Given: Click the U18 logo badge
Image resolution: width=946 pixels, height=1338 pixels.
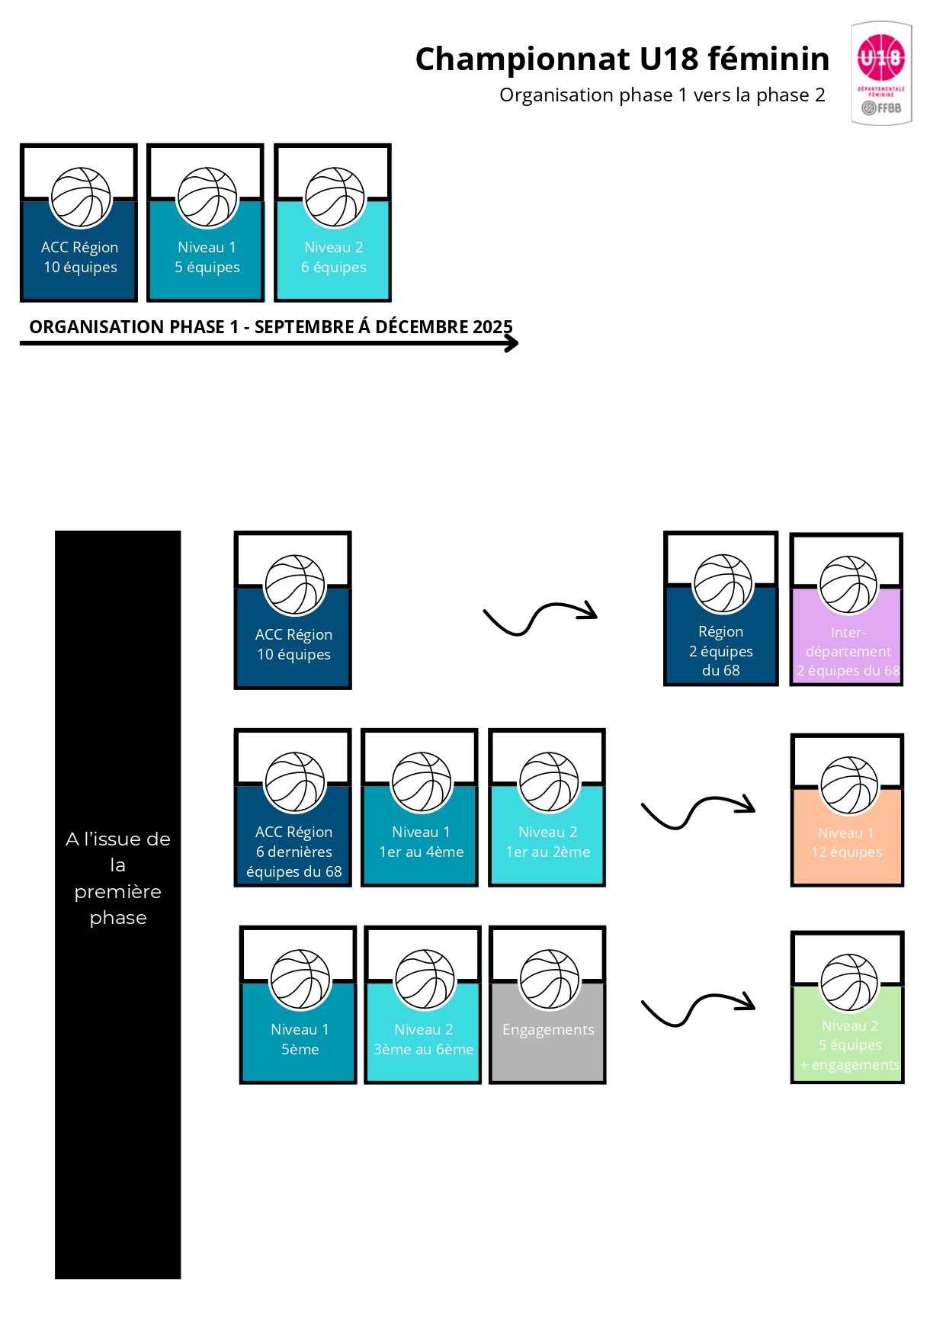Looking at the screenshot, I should [x=881, y=72].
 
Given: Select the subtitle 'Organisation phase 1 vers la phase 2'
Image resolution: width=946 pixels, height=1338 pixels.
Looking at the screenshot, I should [x=662, y=95].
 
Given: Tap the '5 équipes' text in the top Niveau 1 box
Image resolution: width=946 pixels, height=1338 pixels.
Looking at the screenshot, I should [x=207, y=268].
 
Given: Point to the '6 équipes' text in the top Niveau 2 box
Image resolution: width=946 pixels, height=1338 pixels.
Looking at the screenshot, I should [x=334, y=268].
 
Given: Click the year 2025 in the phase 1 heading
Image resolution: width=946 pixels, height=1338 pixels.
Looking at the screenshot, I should [x=492, y=327].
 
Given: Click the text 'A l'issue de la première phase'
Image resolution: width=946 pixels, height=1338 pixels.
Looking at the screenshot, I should [x=118, y=878].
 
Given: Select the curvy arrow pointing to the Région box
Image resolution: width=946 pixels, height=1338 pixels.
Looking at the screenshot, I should [x=540, y=617].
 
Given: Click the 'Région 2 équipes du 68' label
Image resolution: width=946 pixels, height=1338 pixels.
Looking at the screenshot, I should [x=721, y=651].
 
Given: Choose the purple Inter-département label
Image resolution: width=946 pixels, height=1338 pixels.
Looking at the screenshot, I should [x=848, y=652].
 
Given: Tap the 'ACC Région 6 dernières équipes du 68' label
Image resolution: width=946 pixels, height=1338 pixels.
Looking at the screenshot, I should [x=293, y=852].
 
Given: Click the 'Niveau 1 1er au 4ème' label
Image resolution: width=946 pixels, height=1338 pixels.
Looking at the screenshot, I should [x=421, y=842].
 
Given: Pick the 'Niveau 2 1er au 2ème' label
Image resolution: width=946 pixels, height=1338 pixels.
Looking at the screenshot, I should [x=548, y=842].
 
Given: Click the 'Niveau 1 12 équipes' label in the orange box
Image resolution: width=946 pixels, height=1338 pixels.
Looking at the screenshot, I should [x=846, y=842].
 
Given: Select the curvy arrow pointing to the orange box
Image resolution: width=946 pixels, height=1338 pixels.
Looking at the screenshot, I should [x=698, y=811].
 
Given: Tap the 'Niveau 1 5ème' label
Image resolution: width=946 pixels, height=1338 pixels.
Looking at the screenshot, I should [x=300, y=1039].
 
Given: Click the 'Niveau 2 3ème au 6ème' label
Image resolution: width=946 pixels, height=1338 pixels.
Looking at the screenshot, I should [x=423, y=1039].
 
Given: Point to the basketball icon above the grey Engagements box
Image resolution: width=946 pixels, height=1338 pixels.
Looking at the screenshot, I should [x=550, y=980].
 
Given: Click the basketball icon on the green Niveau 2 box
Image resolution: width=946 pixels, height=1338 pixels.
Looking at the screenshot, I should [x=849, y=983].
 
